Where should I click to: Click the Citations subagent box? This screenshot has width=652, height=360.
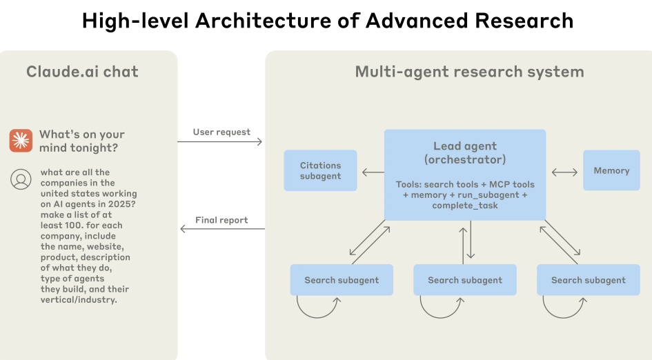point(321,170)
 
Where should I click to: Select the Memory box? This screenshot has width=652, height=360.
point(611,170)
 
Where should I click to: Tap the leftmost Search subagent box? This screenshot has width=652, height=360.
point(342,280)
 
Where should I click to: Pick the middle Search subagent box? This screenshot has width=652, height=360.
point(465,280)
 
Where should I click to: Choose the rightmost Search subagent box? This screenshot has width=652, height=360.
point(588,280)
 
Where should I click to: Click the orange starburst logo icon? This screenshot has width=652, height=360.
point(21,140)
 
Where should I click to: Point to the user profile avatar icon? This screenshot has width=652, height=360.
point(21,179)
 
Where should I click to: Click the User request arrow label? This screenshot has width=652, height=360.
point(221,132)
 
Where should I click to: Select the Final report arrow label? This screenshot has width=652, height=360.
point(221,220)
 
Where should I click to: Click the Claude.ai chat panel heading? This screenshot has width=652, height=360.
point(82,72)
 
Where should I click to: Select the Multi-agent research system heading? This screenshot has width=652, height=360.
point(469,72)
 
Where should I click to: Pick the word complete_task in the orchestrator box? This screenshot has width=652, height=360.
point(465,206)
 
